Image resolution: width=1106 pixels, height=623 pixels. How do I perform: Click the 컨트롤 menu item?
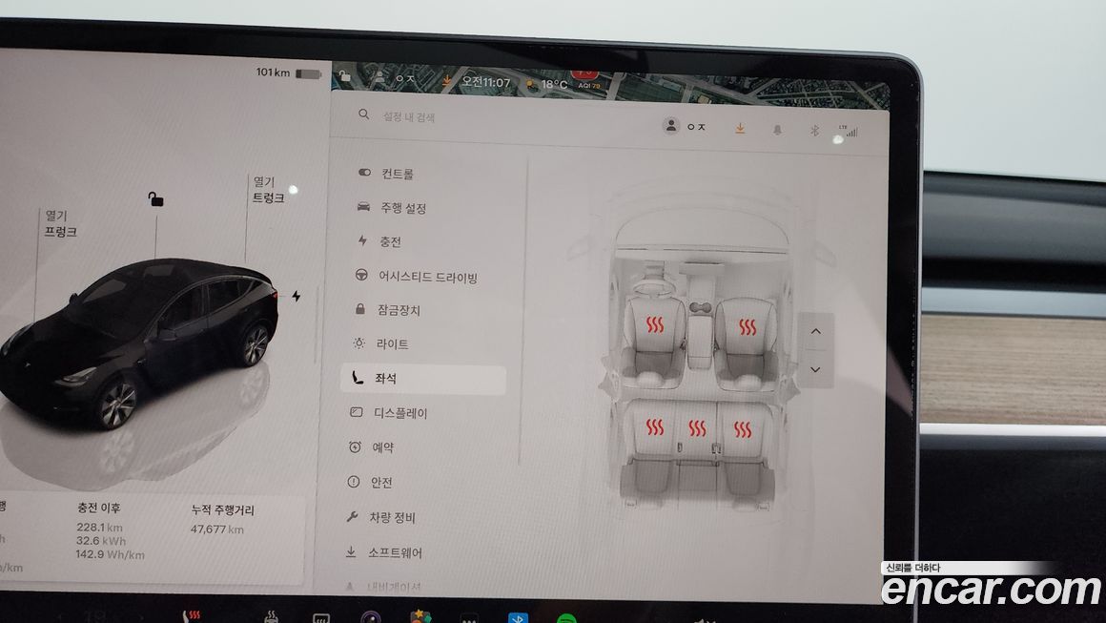pos(397,175)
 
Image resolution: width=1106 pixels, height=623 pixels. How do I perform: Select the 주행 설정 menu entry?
pos(402,208)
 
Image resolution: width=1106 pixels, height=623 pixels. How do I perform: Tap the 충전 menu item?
pos(390,242)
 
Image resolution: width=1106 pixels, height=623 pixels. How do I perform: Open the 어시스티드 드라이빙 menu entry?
pos(427,277)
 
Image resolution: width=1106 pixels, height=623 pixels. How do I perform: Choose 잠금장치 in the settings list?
pos(399,310)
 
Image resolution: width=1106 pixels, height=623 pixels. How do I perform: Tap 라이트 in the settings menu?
pos(392,343)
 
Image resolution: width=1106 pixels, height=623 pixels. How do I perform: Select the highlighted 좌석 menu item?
pos(386,379)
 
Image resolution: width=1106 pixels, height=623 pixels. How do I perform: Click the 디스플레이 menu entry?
pos(400,413)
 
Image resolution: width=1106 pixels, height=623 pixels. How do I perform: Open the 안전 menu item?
pos(381,483)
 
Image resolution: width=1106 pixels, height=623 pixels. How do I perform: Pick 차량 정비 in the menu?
pos(393,517)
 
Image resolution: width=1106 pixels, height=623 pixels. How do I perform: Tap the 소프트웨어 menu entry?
pos(395,552)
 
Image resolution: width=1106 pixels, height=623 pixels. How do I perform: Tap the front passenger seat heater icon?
pos(747,328)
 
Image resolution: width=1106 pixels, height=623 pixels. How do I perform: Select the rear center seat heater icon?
pos(698,428)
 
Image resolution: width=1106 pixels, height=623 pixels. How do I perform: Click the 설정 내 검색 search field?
pos(409,116)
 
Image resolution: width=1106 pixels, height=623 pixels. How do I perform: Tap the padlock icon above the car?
pos(155,198)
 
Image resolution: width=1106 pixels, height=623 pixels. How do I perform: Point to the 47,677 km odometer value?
pos(216,530)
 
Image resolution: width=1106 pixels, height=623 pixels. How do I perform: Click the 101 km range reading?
pos(273,73)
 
